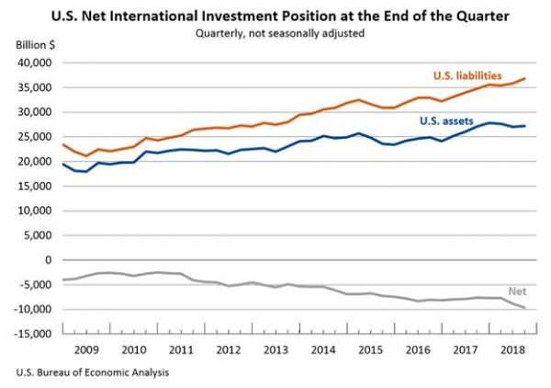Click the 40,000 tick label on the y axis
36,63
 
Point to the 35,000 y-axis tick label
36,87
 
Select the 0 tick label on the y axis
49,260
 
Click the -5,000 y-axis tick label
36,285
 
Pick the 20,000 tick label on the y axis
36,162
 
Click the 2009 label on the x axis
86,350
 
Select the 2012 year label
230,350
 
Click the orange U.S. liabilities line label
467,74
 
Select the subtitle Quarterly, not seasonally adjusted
275,34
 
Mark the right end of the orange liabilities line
525,78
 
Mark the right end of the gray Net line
525,308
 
